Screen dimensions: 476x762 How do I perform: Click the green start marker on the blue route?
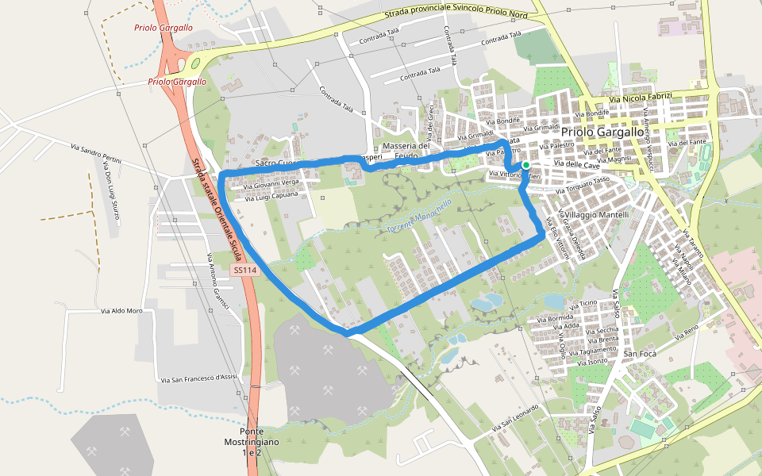[x=525, y=165]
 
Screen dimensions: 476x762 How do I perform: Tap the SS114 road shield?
[x=245, y=271]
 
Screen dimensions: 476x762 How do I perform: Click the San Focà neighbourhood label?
[x=639, y=353]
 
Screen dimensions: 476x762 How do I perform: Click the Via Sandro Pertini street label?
[x=96, y=154]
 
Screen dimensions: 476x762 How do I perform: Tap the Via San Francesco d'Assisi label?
[x=198, y=376]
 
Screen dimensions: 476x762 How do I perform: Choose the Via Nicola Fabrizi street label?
[x=641, y=98]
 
